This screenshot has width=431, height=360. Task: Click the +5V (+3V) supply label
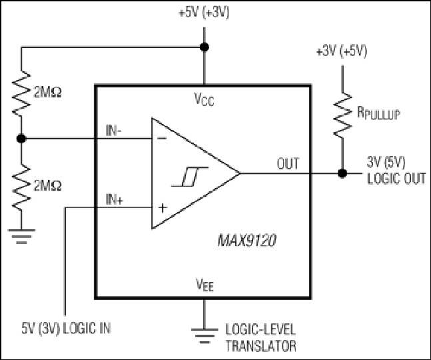click(x=204, y=13)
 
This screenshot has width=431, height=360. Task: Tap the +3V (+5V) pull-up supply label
click(x=342, y=51)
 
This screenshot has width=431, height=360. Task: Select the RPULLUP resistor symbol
click(x=342, y=115)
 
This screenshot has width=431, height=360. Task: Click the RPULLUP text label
click(x=378, y=113)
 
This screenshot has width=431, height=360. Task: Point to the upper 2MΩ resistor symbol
click(x=21, y=93)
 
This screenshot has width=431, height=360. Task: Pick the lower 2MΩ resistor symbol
click(x=21, y=187)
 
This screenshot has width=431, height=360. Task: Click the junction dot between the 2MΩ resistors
click(x=21, y=139)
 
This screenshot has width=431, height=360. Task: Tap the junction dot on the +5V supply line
click(x=204, y=47)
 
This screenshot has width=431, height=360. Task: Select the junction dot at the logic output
click(x=342, y=173)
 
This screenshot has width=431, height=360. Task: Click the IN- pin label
click(x=113, y=131)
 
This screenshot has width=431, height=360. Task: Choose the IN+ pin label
click(x=114, y=199)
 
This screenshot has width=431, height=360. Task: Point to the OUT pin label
click(x=288, y=164)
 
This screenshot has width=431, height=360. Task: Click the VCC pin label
click(x=204, y=99)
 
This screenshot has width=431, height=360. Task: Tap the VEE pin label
click(x=205, y=285)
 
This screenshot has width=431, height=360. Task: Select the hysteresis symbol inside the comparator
click(x=190, y=177)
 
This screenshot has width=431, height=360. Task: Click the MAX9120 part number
click(x=246, y=241)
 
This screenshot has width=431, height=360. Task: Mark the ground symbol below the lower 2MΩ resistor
click(x=21, y=236)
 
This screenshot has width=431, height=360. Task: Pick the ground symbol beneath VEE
click(x=205, y=336)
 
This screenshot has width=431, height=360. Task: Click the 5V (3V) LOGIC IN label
click(x=66, y=329)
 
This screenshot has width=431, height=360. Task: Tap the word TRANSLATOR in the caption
click(x=261, y=346)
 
